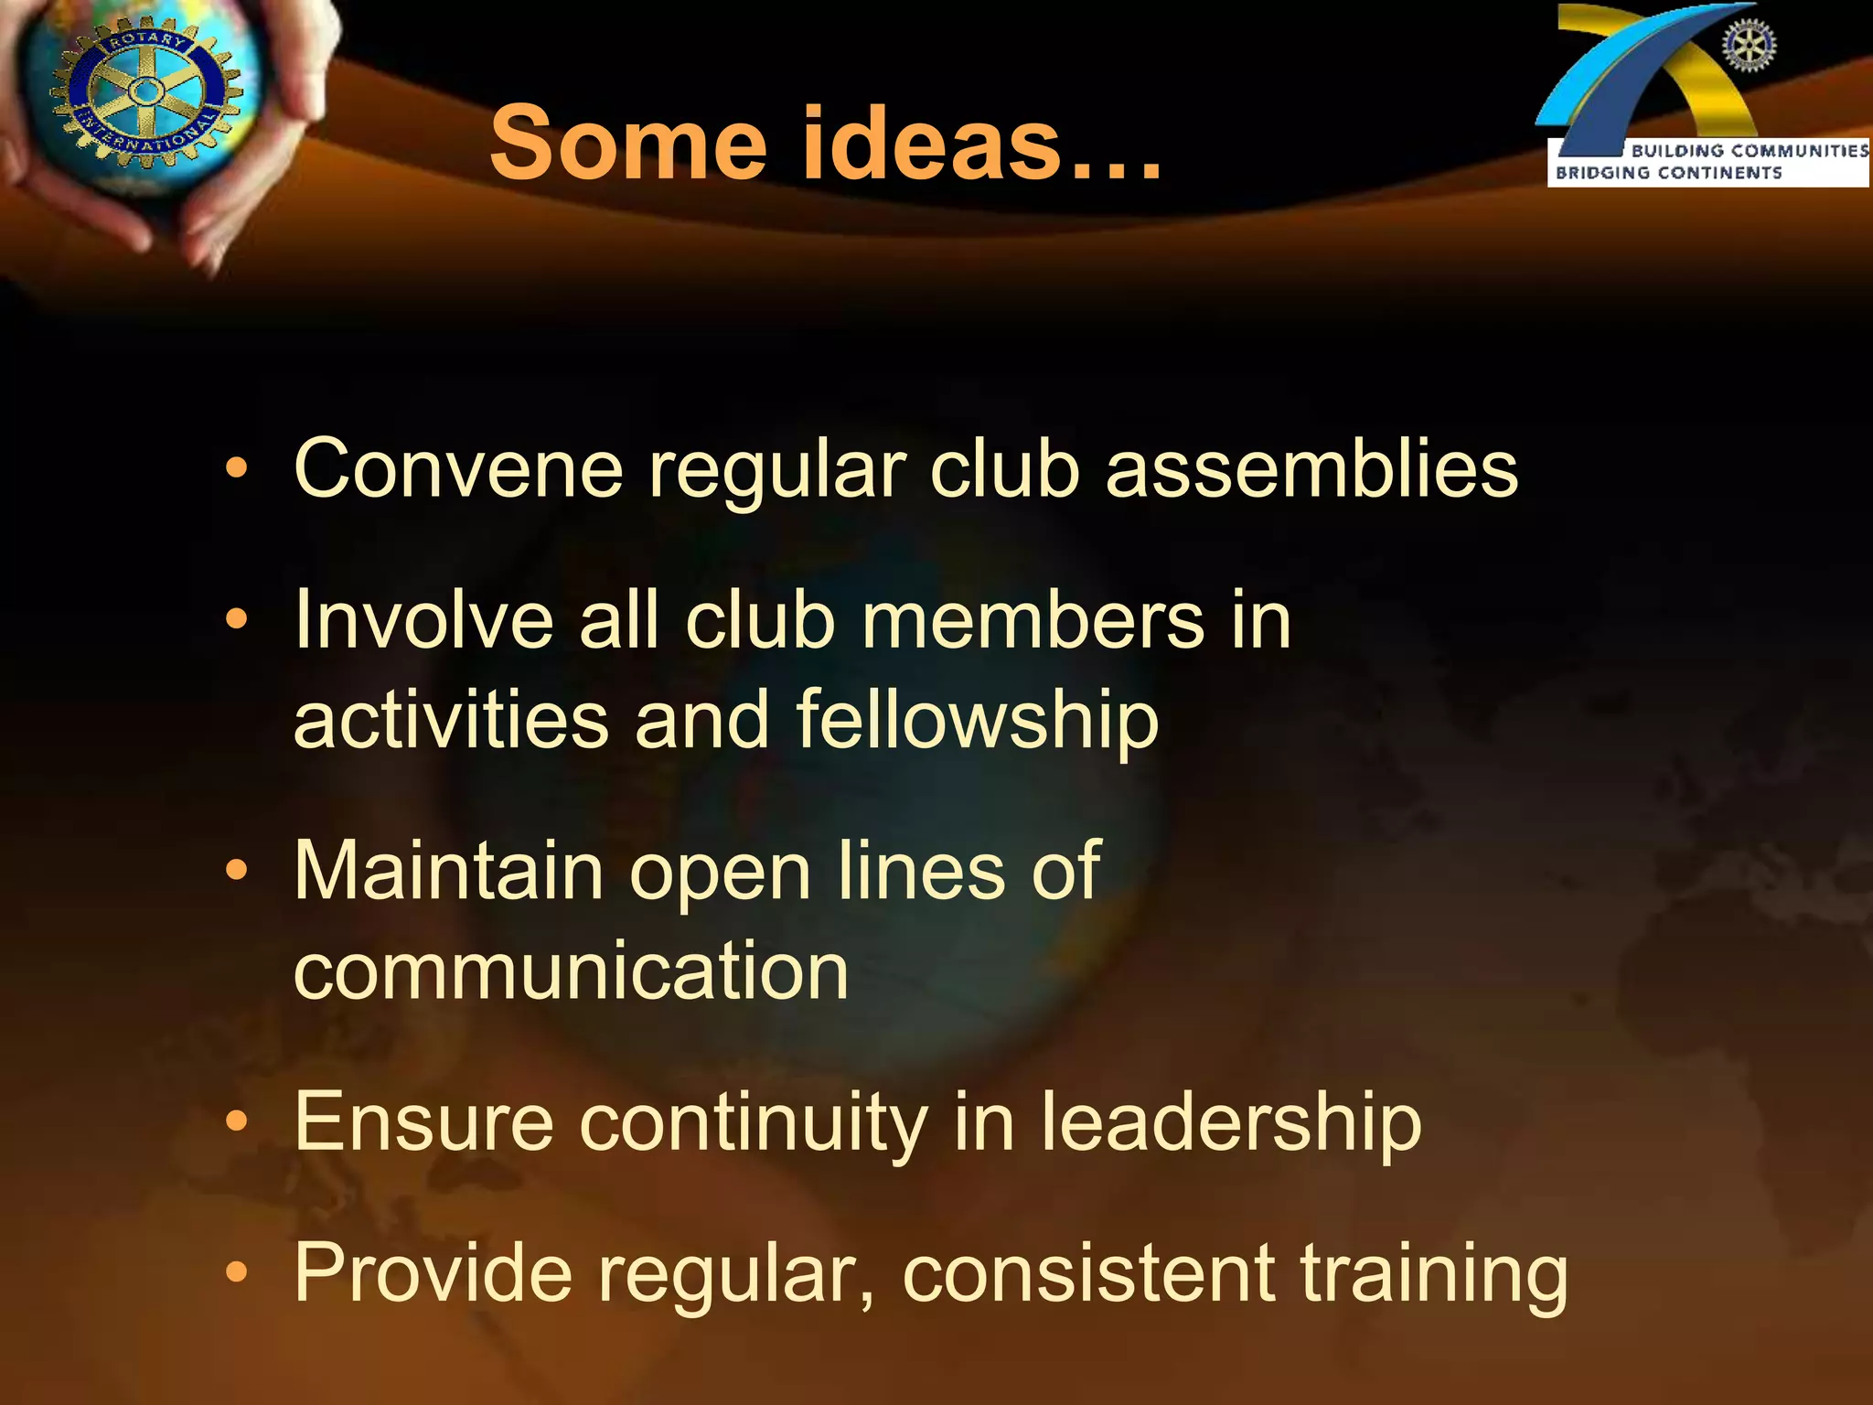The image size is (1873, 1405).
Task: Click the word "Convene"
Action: tap(458, 468)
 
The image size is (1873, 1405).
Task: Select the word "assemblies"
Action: tap(1311, 468)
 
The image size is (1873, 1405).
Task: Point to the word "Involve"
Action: tap(423, 620)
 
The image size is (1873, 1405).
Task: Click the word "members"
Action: tap(1033, 620)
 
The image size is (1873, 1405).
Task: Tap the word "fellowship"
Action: tap(978, 721)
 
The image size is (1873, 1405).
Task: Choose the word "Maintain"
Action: tap(448, 871)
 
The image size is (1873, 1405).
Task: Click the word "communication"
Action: tap(572, 971)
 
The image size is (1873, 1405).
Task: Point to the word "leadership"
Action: tap(1231, 1123)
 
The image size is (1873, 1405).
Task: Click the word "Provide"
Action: tap(433, 1273)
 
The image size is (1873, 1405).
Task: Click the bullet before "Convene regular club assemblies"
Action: tap(237, 470)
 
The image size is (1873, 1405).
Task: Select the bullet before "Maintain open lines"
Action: tap(237, 871)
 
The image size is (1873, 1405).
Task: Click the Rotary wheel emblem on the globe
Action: tap(144, 91)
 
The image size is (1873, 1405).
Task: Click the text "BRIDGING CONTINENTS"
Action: tap(1668, 173)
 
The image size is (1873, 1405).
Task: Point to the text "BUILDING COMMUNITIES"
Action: tap(1750, 151)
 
